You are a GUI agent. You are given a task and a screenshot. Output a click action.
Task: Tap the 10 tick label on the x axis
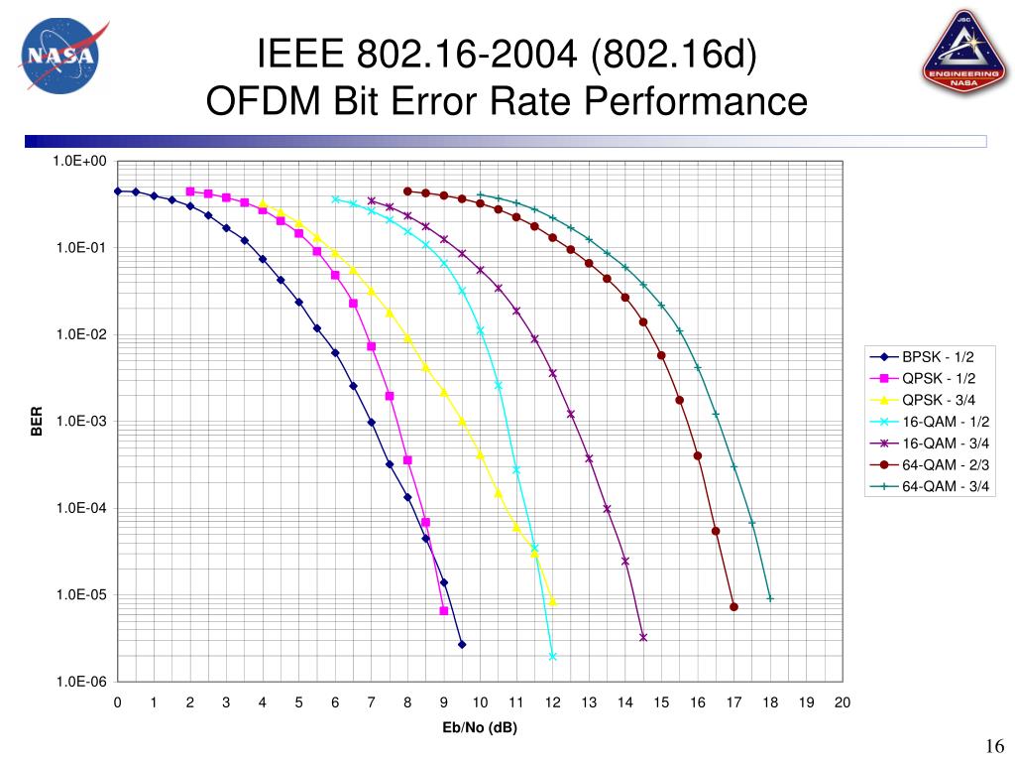coord(480,702)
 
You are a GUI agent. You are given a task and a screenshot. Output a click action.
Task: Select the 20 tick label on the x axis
coord(843,702)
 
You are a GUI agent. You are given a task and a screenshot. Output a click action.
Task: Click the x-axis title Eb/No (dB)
coord(480,728)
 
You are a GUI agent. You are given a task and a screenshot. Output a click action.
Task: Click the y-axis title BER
coord(37,422)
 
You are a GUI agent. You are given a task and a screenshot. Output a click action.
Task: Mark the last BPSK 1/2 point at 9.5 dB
coord(462,645)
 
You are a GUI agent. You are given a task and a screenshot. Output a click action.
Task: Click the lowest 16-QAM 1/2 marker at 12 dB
coord(552,657)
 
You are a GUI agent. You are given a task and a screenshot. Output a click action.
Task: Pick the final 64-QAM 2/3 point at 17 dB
coord(733,607)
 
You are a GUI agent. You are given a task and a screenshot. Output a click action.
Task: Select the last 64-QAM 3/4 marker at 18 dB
coord(770,598)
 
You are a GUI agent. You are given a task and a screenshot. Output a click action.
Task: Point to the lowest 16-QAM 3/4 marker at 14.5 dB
coord(643,637)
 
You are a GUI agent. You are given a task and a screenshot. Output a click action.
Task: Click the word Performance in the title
coord(696,100)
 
